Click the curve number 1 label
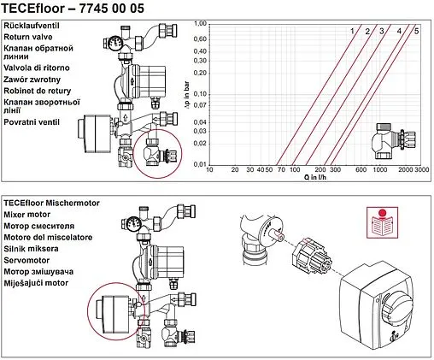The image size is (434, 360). coord(351,32)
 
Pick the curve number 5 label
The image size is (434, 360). coord(416,32)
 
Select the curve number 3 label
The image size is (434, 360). coord(382,32)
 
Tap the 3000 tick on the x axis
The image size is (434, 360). coord(421,171)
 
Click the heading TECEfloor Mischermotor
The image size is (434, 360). coord(51,202)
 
